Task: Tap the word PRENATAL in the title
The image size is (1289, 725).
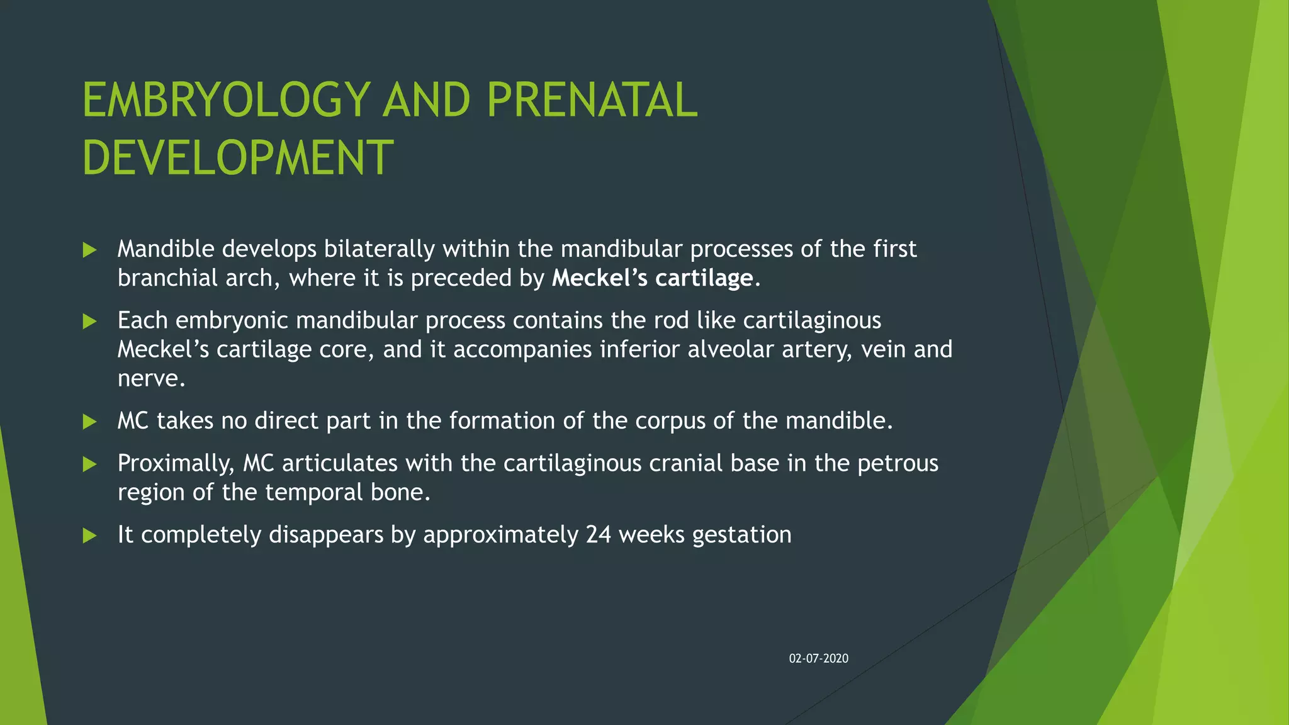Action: click(x=592, y=100)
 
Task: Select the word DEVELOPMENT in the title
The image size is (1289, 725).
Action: click(x=238, y=158)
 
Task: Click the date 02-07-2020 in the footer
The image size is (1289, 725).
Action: click(x=818, y=658)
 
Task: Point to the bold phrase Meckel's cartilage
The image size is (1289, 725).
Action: click(x=652, y=278)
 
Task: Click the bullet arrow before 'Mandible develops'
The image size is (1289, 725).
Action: click(x=90, y=250)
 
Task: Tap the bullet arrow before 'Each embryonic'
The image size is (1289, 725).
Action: click(x=90, y=322)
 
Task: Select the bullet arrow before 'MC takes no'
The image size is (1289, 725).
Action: click(x=90, y=422)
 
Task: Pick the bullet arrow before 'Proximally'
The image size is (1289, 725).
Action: click(x=90, y=464)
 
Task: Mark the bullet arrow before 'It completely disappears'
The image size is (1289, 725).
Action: click(x=90, y=536)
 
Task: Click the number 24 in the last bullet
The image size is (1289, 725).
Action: click(x=598, y=534)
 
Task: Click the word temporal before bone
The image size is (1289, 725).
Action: click(x=313, y=492)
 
